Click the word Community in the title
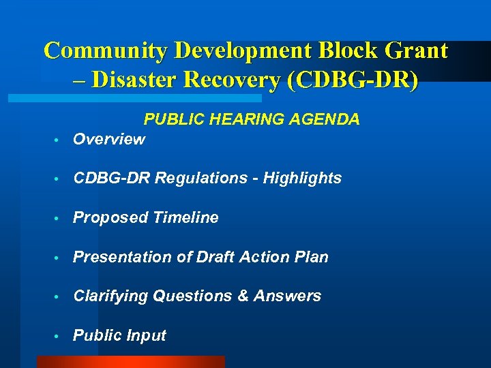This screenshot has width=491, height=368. pos(106,51)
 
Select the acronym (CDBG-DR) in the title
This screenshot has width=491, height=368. pos(353,80)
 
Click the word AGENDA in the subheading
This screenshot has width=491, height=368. pos(324,120)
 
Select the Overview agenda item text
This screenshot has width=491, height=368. pos(108,139)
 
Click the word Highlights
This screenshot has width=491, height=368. pos(302,179)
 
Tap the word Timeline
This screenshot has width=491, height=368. pos(185,218)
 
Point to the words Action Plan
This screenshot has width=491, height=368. pos(292,258)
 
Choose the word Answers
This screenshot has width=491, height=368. pos(287,296)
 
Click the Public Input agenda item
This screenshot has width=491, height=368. pos(119,336)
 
